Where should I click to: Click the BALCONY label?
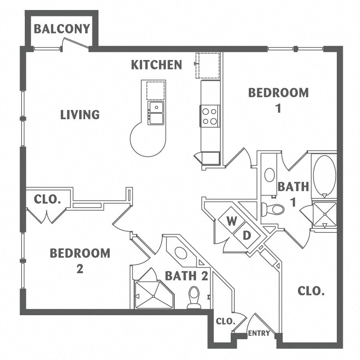(62, 29)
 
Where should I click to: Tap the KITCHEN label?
(156, 65)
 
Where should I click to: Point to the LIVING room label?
(80, 114)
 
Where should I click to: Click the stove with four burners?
(210, 116)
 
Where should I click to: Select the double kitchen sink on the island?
(156, 113)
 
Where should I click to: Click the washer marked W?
(232, 221)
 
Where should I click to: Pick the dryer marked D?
(246, 235)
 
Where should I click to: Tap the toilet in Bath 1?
(273, 209)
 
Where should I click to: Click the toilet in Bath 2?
(194, 297)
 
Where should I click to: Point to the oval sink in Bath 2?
(181, 253)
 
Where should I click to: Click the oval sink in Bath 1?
(270, 175)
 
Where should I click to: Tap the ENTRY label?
(259, 333)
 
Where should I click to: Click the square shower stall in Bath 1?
(325, 214)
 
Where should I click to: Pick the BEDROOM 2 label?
(80, 260)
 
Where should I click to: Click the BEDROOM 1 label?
(278, 100)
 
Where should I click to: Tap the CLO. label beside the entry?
(226, 321)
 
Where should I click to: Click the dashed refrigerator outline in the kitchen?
(208, 66)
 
